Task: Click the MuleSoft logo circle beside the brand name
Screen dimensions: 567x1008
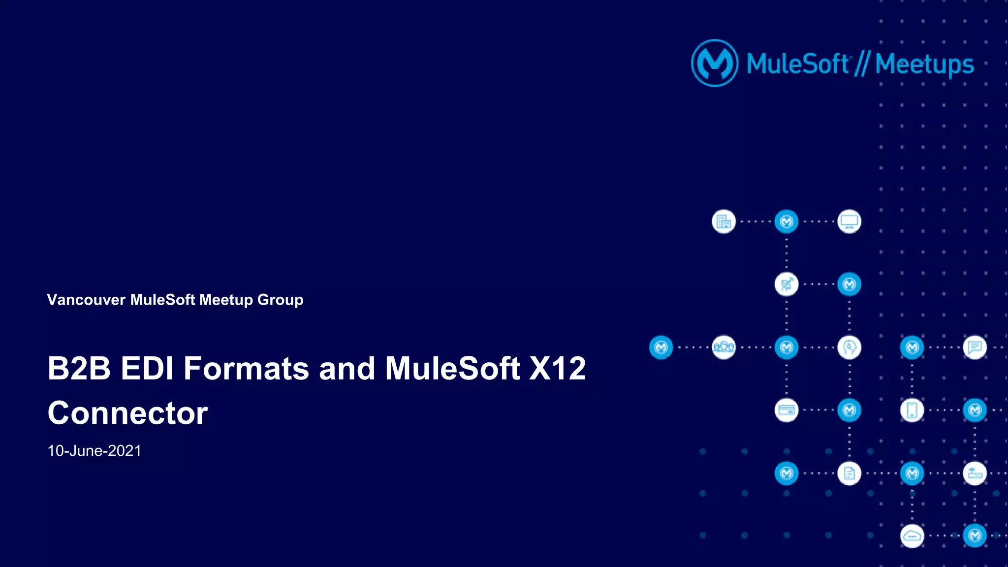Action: [x=715, y=63]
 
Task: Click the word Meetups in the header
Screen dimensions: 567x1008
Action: [x=924, y=64]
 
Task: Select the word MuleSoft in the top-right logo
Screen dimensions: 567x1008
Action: [x=797, y=64]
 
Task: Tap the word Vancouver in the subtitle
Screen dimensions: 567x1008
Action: [x=86, y=300]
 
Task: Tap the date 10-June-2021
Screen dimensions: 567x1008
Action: [x=94, y=451]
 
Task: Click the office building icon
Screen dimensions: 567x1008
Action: [x=724, y=221]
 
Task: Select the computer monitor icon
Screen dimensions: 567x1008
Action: [x=849, y=221]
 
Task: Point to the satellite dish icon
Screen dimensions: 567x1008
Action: [x=787, y=284]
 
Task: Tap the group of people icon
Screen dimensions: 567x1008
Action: [x=724, y=347]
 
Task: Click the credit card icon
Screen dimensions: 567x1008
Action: [x=787, y=410]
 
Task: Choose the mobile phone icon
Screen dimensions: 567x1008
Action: [x=912, y=410]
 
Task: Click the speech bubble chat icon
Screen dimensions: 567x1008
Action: [x=975, y=347]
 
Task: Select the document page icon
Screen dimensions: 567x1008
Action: [x=849, y=473]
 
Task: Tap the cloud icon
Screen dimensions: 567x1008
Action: [x=912, y=536]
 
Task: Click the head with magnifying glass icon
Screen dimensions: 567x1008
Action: [x=849, y=347]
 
